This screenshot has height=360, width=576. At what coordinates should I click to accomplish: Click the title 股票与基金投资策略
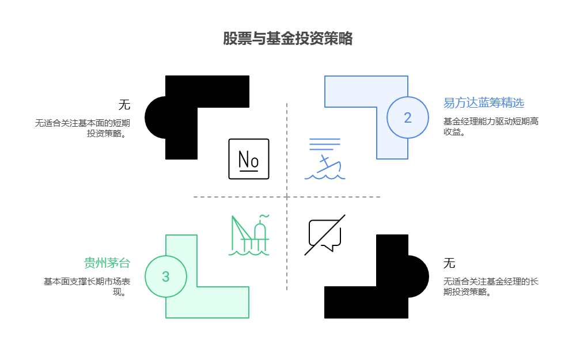click(x=288, y=39)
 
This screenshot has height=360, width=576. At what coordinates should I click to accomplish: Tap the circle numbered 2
click(x=408, y=118)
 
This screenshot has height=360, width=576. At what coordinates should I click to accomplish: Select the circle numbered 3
click(x=166, y=276)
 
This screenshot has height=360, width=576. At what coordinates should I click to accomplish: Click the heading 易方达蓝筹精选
click(x=483, y=103)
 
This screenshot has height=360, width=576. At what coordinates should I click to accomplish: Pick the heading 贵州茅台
click(x=107, y=263)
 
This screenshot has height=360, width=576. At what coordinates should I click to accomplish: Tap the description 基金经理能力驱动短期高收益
click(x=490, y=126)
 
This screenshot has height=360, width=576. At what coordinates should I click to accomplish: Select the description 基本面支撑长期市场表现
click(x=86, y=286)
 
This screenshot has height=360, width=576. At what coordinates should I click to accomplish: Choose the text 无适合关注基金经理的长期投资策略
click(x=491, y=286)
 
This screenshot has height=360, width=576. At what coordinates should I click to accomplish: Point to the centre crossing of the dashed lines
click(x=287, y=197)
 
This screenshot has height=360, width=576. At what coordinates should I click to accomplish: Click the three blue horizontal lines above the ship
click(x=325, y=144)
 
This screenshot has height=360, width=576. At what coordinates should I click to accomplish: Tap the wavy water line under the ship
click(x=325, y=177)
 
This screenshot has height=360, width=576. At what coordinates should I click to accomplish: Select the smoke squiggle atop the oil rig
click(x=264, y=217)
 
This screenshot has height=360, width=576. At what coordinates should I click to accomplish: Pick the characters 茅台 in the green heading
click(x=119, y=263)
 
